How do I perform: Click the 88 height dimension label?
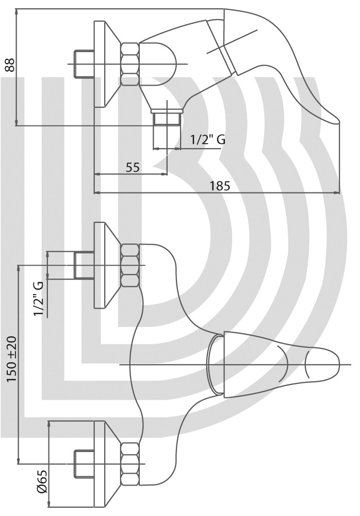click(x=10, y=65)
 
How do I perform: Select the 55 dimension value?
click(x=133, y=167)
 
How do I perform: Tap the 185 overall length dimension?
click(x=220, y=186)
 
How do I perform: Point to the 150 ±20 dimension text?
click(x=12, y=359)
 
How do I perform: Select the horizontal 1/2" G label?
click(x=208, y=139)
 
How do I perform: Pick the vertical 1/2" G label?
click(x=39, y=298)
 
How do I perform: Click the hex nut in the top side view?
click(x=130, y=63)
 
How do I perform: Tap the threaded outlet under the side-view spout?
click(x=167, y=119)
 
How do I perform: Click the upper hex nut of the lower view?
click(x=130, y=265)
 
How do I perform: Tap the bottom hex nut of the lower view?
click(x=130, y=463)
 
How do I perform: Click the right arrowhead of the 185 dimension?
click(x=336, y=193)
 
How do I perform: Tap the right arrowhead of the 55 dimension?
click(x=164, y=174)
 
